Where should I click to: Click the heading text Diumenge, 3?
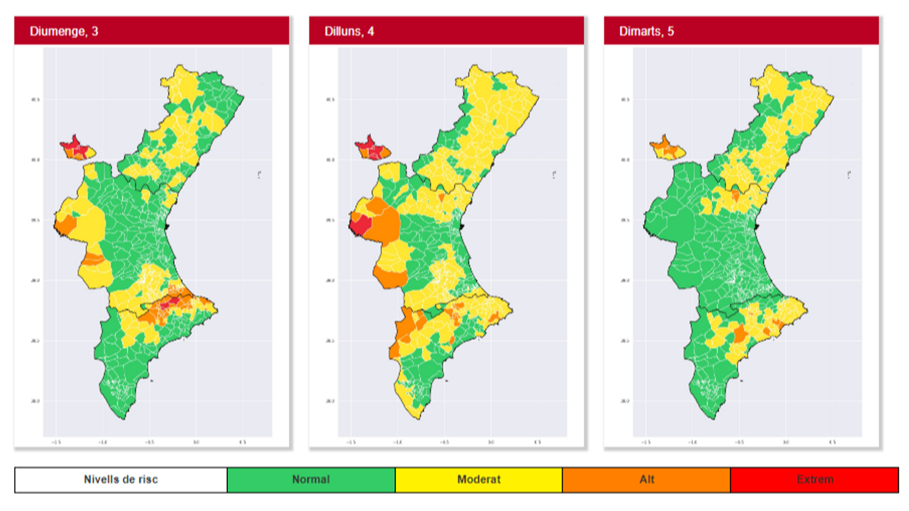tap(64, 31)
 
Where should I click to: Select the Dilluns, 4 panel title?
tap(349, 31)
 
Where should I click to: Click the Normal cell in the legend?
tap(311, 480)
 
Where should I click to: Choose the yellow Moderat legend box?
tap(478, 480)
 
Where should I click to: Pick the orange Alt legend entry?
tap(646, 480)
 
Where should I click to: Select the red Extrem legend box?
tap(814, 480)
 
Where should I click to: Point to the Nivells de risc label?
tap(120, 480)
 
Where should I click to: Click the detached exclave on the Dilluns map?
tap(372, 149)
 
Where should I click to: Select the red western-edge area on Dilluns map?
tap(360, 224)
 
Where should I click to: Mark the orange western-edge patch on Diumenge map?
tap(66, 225)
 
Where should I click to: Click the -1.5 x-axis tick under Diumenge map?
tap(56, 442)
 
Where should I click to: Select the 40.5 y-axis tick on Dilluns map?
tap(330, 100)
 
